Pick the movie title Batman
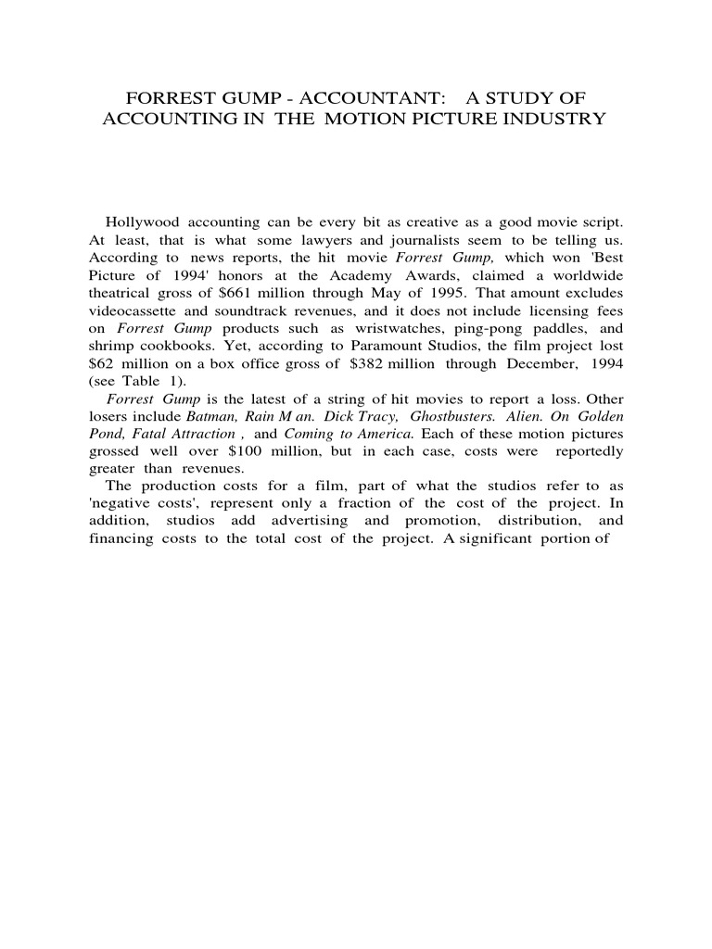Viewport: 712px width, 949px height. tap(213, 416)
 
